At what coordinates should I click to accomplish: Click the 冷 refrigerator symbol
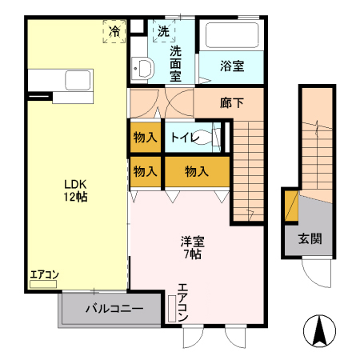pyautogui.click(x=114, y=32)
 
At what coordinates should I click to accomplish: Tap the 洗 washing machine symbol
pyautogui.click(x=163, y=32)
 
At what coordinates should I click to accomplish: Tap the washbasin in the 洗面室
pyautogui.click(x=141, y=68)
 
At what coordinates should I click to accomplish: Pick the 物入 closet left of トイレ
pyautogui.click(x=145, y=137)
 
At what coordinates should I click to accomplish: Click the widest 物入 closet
pyautogui.click(x=197, y=171)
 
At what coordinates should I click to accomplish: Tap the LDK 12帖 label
pyautogui.click(x=76, y=189)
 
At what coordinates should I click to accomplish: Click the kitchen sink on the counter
pyautogui.click(x=78, y=81)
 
